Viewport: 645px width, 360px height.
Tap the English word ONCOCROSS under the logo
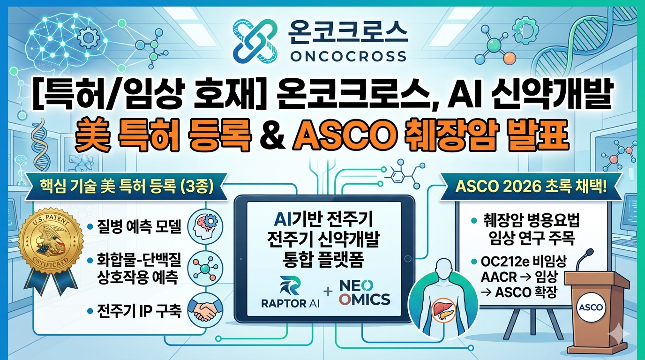pyautogui.click(x=348, y=57)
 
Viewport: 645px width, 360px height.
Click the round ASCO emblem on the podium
pyautogui.click(x=590, y=307)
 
